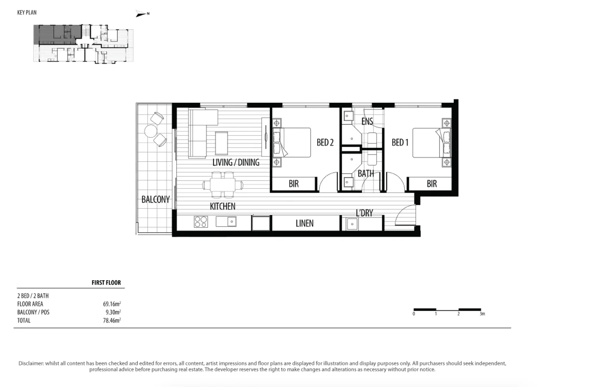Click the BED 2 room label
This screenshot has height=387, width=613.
pyautogui.click(x=325, y=143)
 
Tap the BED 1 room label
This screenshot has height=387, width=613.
pyautogui.click(x=400, y=143)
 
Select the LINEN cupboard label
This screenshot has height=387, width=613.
pyautogui.click(x=304, y=224)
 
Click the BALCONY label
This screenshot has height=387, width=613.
pyautogui.click(x=155, y=200)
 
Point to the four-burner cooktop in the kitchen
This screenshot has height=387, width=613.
pyautogui.click(x=201, y=222)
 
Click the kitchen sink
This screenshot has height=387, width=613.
pyautogui.click(x=226, y=221)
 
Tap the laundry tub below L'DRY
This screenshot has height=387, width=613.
pyautogui.click(x=352, y=224)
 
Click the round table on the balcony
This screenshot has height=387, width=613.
pyautogui.click(x=150, y=131)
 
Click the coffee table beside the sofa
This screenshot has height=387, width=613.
pyautogui.click(x=221, y=143)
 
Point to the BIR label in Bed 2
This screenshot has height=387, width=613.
pyautogui.click(x=294, y=184)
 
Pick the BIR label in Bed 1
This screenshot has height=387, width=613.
pyautogui.click(x=432, y=184)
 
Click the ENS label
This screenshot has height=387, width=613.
pyautogui.click(x=367, y=121)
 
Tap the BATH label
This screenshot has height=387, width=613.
pyautogui.click(x=366, y=174)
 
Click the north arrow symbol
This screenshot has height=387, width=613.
pyautogui.click(x=142, y=14)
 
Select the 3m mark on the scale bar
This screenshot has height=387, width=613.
pyautogui.click(x=482, y=314)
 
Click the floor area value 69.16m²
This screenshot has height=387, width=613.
pyautogui.click(x=112, y=304)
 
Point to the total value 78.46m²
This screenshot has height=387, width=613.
pyautogui.click(x=112, y=320)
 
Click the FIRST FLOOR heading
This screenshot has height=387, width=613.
pyautogui.click(x=106, y=283)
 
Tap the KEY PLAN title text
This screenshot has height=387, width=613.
pyautogui.click(x=27, y=13)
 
